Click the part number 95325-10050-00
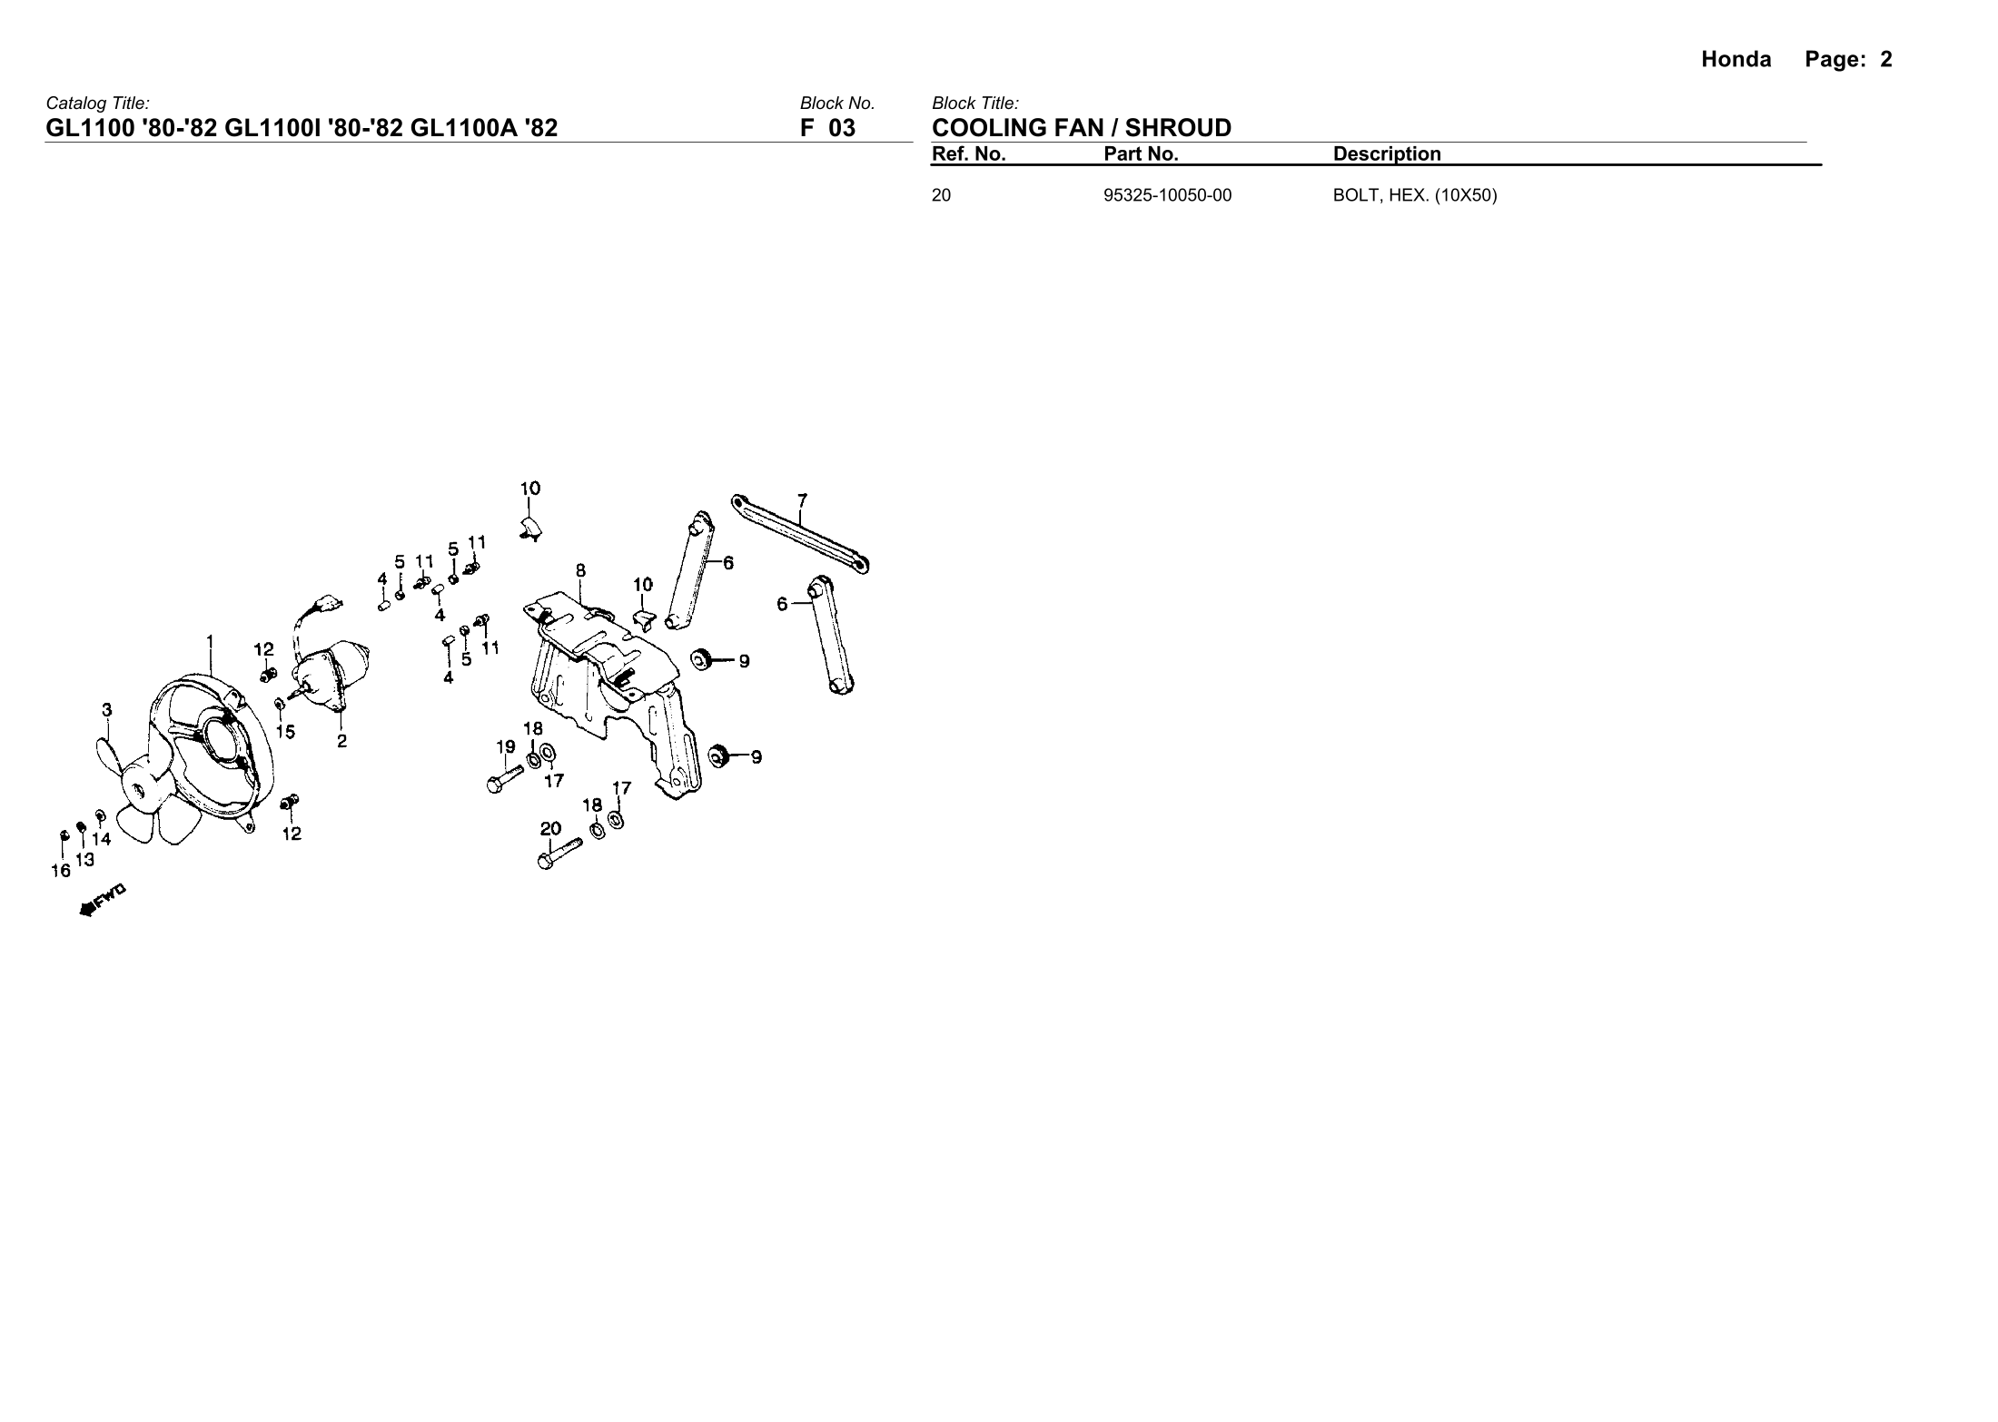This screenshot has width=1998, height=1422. coord(1167,195)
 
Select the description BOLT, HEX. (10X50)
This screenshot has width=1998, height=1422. coord(1414,195)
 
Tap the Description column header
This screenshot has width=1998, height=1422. coord(1386,154)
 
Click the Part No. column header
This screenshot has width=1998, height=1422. coord(1141,154)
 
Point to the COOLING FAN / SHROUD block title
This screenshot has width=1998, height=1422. coord(1081,128)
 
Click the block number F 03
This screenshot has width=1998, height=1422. coord(827,128)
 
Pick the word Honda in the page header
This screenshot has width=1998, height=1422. coord(1736,60)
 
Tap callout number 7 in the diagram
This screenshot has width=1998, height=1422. coord(802,500)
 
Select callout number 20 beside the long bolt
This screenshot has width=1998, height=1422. coord(550,828)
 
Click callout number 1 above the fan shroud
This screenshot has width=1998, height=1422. coord(210,641)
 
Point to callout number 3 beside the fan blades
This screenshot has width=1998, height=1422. coord(107,710)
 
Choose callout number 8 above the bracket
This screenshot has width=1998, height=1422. coord(580,571)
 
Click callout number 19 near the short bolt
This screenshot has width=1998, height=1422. coord(506,747)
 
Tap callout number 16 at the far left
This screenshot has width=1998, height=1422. coord(60,871)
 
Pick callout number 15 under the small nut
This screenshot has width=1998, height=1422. coord(285,732)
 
